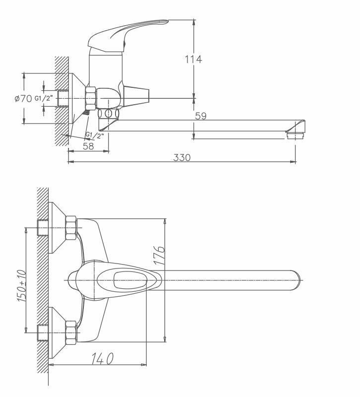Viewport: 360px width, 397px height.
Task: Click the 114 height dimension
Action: click(x=193, y=59)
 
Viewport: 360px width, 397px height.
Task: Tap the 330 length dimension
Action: click(x=182, y=157)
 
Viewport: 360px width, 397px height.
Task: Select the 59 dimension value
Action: click(x=200, y=116)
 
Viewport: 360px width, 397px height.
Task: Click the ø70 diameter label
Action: click(x=23, y=98)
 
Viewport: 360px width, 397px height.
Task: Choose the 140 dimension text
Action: click(x=102, y=357)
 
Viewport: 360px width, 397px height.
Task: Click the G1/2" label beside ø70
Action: click(x=43, y=98)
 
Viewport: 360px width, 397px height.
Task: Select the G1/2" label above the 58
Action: click(x=94, y=135)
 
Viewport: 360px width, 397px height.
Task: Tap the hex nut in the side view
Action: click(x=91, y=98)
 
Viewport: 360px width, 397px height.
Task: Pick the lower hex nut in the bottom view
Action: click(x=71, y=331)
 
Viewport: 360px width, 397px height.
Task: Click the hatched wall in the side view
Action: click(x=61, y=99)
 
